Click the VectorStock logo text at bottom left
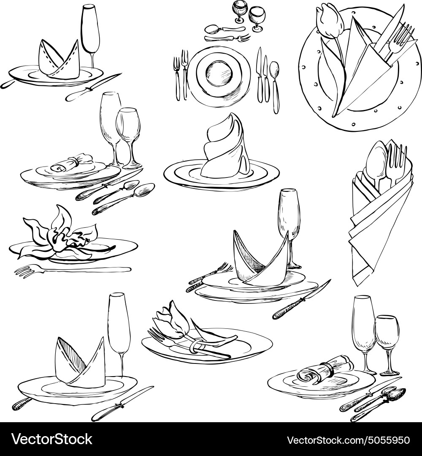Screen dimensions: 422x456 point(52,440)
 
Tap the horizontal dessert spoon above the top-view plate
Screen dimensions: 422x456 point(225,29)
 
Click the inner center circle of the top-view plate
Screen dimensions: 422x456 point(219,74)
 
